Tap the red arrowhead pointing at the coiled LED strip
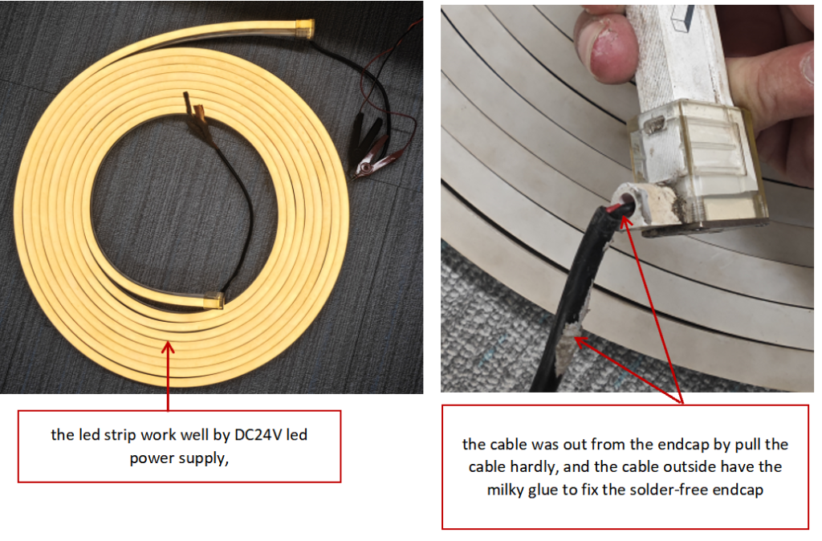coord(168,347)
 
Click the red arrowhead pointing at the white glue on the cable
coord(581,342)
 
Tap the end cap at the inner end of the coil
coord(214,299)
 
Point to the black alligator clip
coord(366,137)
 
